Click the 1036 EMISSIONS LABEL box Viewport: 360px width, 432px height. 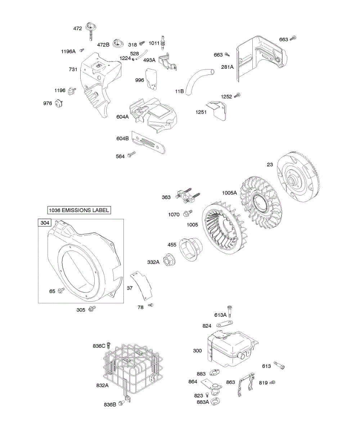(79, 210)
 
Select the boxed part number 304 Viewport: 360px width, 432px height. (45, 223)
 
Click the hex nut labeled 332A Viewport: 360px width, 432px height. (168, 260)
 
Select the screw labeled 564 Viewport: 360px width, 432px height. (131, 155)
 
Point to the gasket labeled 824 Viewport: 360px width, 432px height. (224, 325)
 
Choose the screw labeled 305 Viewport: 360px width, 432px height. (92, 309)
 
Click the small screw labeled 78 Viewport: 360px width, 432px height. (151, 305)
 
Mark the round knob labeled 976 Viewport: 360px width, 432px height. (58, 104)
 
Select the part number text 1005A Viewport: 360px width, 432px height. (229, 193)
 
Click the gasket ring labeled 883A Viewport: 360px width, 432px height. (215, 401)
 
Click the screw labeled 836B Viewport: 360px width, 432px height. (123, 404)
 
